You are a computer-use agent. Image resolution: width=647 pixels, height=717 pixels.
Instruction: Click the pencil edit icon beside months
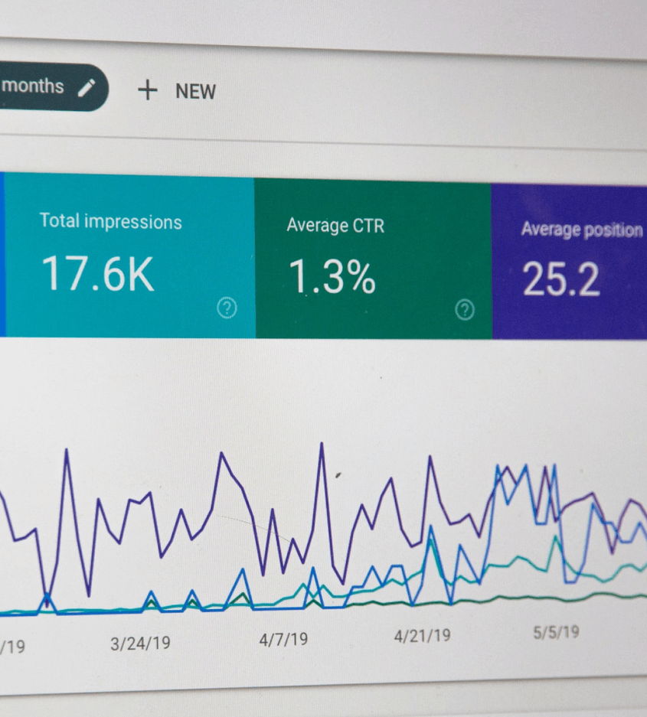[x=87, y=87]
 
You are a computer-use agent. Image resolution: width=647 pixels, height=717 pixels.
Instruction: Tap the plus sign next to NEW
[x=147, y=90]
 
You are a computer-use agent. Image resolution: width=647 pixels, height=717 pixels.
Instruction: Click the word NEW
[x=196, y=92]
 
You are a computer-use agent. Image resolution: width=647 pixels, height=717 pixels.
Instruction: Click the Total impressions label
[x=111, y=222]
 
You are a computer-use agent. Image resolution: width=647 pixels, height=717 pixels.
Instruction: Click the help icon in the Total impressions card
[x=227, y=308]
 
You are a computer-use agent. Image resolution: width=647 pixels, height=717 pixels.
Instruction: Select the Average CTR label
[x=335, y=226]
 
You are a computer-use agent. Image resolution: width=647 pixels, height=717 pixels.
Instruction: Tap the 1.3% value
[x=332, y=277]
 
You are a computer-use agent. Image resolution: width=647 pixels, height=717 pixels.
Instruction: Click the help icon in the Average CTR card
[x=465, y=310]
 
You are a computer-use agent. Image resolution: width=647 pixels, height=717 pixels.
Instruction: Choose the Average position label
[x=582, y=230]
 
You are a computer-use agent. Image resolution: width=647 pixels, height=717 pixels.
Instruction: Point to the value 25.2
[x=561, y=280]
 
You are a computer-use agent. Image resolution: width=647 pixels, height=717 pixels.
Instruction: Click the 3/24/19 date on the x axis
[x=140, y=644]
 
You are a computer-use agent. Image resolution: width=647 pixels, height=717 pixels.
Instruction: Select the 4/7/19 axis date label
[x=283, y=640]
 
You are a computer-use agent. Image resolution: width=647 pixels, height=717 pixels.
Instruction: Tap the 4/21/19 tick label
[x=422, y=635]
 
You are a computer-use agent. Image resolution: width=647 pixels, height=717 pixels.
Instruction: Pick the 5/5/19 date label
[x=556, y=632]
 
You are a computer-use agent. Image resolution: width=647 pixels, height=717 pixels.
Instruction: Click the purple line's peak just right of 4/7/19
[x=322, y=445]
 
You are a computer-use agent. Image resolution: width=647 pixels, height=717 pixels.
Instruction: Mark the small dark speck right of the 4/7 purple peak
[x=338, y=475]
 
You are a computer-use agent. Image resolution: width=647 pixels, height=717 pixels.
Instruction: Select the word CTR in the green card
[x=368, y=226]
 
